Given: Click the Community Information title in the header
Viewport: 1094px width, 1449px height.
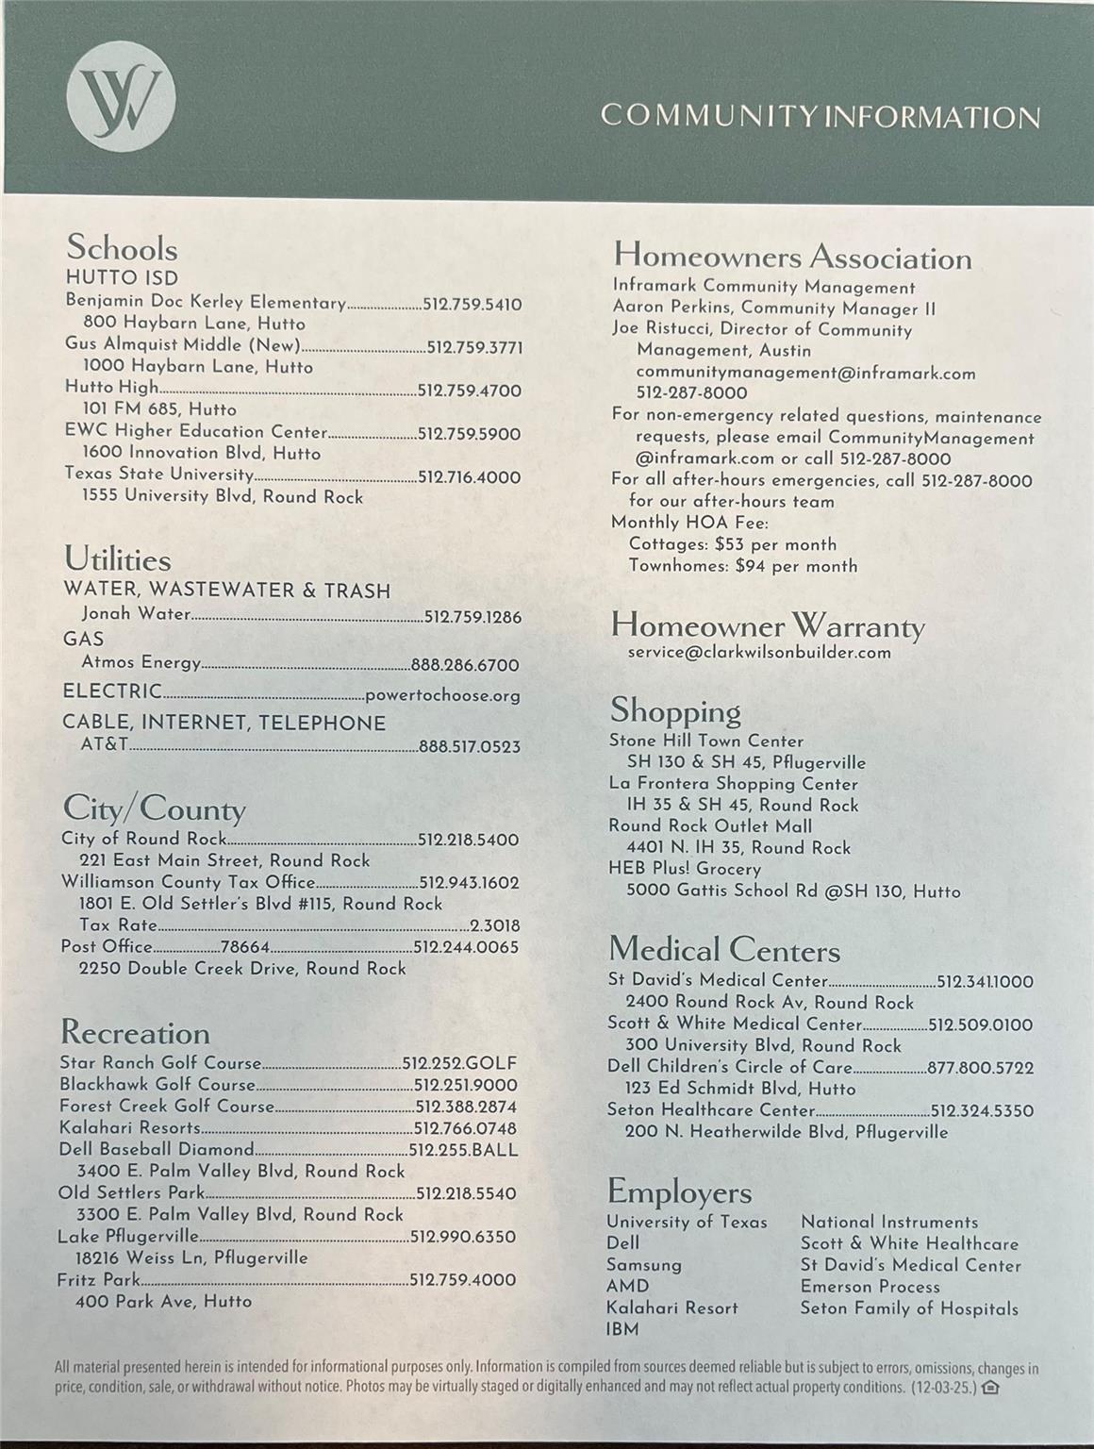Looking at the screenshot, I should [820, 117].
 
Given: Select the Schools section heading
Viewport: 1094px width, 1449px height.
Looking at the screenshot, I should [122, 248].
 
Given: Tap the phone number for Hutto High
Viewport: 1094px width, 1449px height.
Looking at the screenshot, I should [469, 391].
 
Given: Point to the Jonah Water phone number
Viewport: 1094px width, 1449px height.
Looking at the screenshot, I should [472, 617].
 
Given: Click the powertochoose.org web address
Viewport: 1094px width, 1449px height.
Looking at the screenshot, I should [442, 696].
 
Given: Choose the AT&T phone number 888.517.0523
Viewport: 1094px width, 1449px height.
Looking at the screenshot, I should [470, 747].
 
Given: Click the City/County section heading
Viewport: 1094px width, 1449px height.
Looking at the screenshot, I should [154, 809].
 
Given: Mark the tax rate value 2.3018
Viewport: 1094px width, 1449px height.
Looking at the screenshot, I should [495, 926].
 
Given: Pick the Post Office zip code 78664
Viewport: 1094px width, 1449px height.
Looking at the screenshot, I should [245, 947].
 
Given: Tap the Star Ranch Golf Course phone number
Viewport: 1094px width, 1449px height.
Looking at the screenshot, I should [459, 1063].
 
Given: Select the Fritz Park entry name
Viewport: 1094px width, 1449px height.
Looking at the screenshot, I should [99, 1280].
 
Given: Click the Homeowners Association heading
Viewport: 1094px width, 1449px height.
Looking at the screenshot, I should [792, 257].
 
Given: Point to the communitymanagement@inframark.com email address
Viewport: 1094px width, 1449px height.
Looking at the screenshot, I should [805, 373].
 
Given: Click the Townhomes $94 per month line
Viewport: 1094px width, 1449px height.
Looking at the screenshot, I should [743, 566].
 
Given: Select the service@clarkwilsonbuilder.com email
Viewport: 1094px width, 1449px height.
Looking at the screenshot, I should [759, 652].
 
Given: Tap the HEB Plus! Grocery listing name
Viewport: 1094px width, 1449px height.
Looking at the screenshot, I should [685, 869].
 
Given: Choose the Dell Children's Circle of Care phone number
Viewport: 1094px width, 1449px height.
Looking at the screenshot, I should [980, 1068].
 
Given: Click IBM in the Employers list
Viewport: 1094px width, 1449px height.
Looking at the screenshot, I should [622, 1329].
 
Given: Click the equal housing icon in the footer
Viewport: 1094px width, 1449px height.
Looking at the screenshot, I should [990, 1387].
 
